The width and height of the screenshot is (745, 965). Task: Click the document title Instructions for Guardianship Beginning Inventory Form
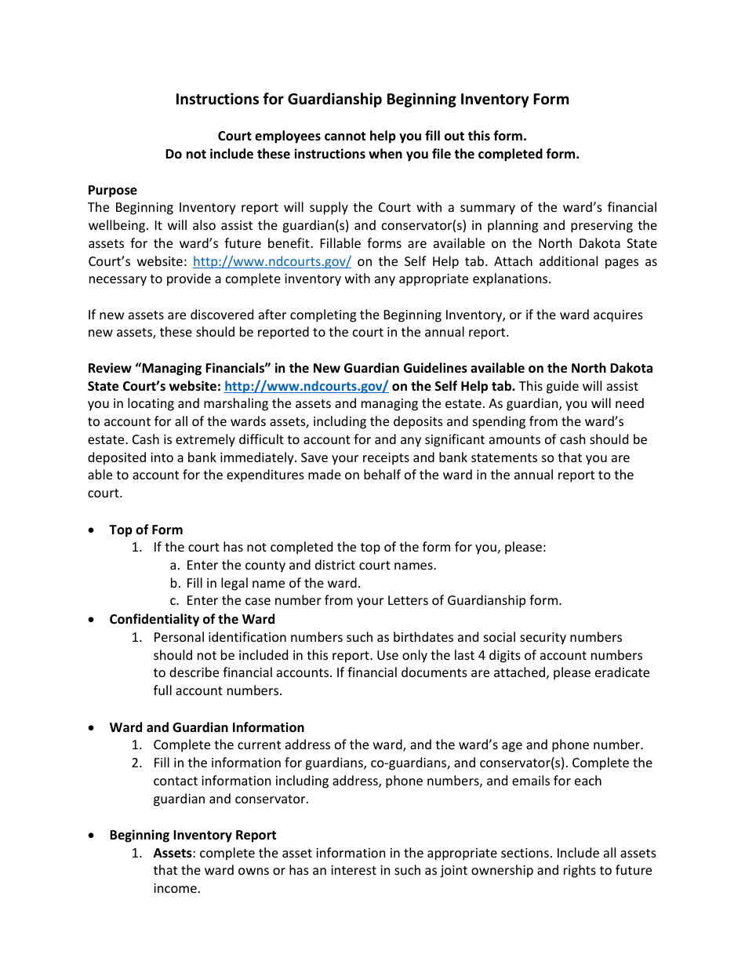372,100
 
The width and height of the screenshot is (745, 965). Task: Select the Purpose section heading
112,190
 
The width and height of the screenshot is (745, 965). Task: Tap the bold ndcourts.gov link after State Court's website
306,386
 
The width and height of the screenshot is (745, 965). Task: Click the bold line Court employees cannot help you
372,136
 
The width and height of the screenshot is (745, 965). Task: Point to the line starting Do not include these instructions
372,154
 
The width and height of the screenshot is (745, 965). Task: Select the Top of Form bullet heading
146,530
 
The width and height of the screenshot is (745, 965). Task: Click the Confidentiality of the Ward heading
192,619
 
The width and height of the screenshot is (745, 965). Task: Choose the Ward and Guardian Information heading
206,727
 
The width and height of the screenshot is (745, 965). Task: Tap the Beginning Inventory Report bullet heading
192,835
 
